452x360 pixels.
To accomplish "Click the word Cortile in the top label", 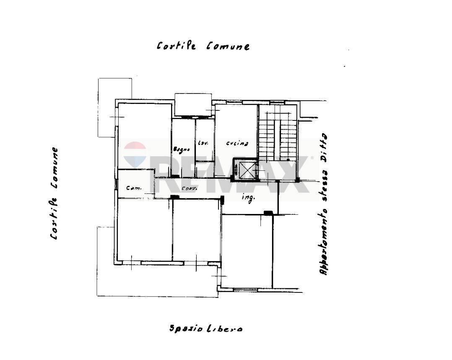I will [176, 46].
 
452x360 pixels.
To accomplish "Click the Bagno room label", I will [182, 149].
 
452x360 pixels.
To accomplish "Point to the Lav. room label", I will [203, 143].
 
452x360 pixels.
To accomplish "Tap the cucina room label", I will [237, 143].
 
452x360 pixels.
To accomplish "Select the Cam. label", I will [133, 188].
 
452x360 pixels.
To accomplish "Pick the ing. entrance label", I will [248, 198].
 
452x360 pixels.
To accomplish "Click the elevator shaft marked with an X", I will [247, 170].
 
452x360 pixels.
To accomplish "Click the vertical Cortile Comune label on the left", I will [54, 193].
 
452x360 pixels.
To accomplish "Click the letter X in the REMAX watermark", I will [293, 174].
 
